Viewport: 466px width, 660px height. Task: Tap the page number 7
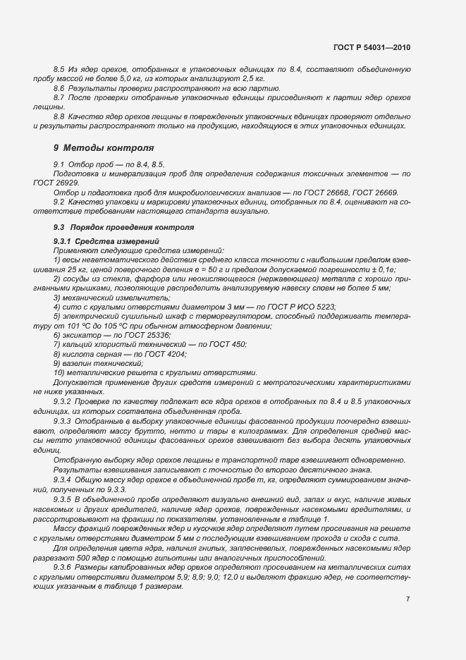(x=407, y=599)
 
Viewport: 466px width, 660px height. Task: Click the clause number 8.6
(x=59, y=88)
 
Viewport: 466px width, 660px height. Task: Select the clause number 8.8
(x=59, y=116)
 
